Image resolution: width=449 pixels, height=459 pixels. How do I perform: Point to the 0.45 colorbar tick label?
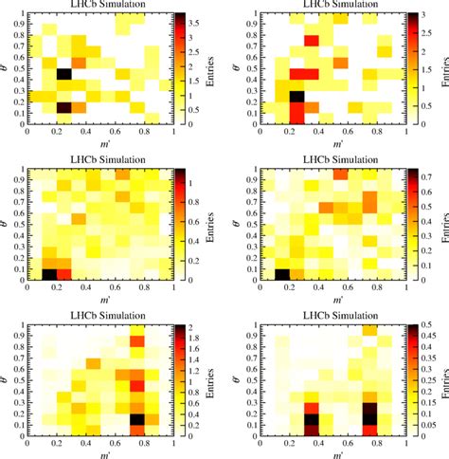point(420,335)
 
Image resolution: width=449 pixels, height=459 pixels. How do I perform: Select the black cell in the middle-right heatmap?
point(280,274)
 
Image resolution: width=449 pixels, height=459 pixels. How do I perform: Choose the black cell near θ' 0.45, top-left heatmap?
point(63,74)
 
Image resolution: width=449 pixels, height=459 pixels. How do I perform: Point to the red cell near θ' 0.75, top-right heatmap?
point(311,40)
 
